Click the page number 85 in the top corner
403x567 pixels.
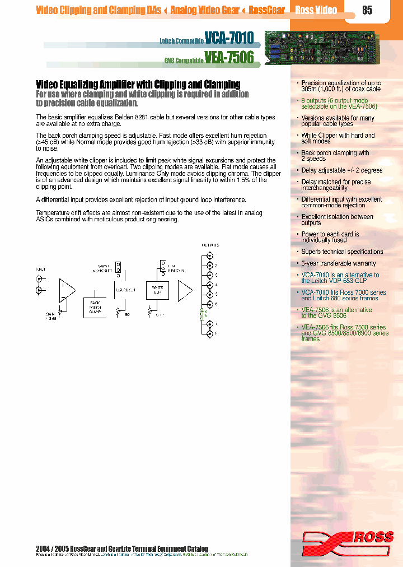pyautogui.click(x=367, y=10)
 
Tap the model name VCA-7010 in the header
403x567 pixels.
pyautogui.click(x=229, y=38)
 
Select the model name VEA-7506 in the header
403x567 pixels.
pyautogui.click(x=229, y=57)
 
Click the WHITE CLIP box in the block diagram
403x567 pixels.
pyautogui.click(x=157, y=290)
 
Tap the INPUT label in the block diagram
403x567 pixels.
pyautogui.click(x=40, y=269)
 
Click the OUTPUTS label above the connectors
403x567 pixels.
pyautogui.click(x=210, y=245)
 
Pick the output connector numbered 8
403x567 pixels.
pyautogui.click(x=210, y=333)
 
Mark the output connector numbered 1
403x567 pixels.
pyautogui.click(x=210, y=255)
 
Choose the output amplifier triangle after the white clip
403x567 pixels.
pyautogui.click(x=185, y=290)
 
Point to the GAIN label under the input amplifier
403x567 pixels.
pyautogui.click(x=51, y=316)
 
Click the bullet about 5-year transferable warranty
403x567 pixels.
pyautogui.click(x=339, y=263)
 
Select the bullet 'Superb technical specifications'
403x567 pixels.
pyautogui.click(x=342, y=252)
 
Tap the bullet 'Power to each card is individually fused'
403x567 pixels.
pyautogui.click(x=330, y=237)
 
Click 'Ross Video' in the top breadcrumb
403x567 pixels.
pyautogui.click(x=316, y=10)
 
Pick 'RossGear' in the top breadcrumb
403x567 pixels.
pyautogui.click(x=267, y=10)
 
